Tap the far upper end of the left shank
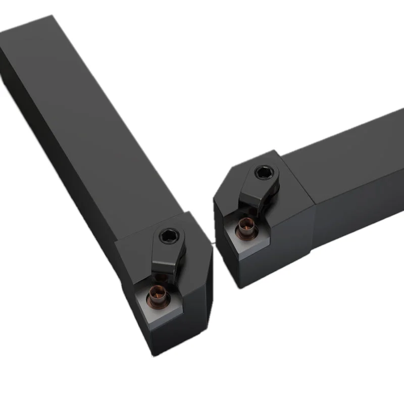click(25, 30)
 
